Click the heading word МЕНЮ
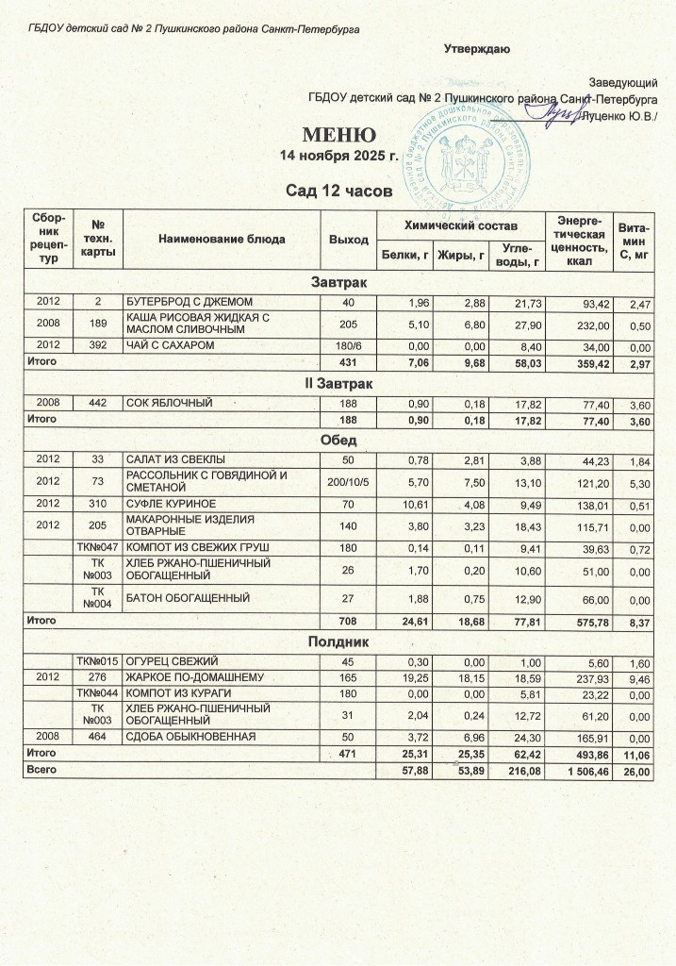coord(338,134)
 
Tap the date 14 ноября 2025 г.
coord(338,155)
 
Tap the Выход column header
coord(348,239)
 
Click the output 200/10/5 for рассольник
coord(348,481)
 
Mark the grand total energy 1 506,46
coord(575,771)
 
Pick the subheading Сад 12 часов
coord(338,192)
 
